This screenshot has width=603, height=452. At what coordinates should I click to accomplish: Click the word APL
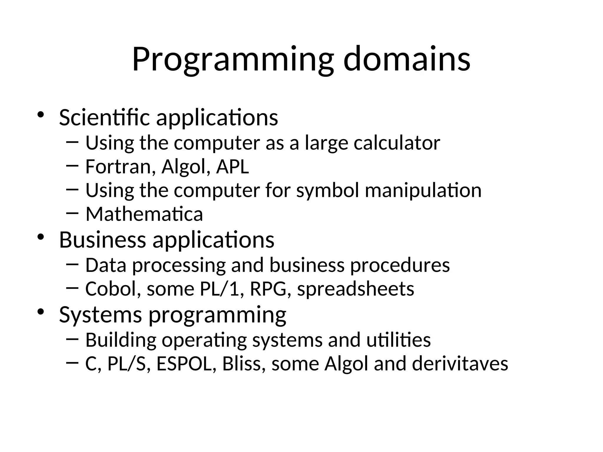(x=232, y=167)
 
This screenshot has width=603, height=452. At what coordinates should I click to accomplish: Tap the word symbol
(x=327, y=191)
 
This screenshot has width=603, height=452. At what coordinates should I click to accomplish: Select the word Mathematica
(x=144, y=214)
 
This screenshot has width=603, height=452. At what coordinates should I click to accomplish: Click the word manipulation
(x=423, y=190)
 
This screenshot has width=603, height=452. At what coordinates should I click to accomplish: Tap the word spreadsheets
(x=355, y=289)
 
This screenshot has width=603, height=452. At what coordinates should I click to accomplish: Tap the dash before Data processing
(x=72, y=264)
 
